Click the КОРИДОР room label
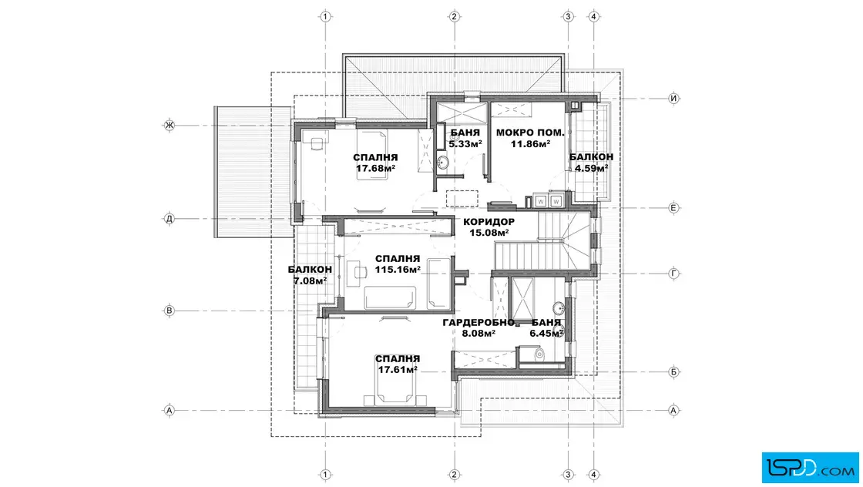pyautogui.click(x=489, y=222)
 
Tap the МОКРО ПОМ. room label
pyautogui.click(x=530, y=133)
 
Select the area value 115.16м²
pyautogui.click(x=398, y=270)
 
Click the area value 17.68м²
pyautogui.click(x=375, y=169)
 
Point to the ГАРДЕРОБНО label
pyautogui.click(x=479, y=322)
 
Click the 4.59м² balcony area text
pyautogui.click(x=591, y=168)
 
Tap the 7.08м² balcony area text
pyautogui.click(x=310, y=280)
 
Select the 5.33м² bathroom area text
pyautogui.click(x=465, y=143)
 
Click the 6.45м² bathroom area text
pyautogui.click(x=546, y=333)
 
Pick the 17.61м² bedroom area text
pyautogui.click(x=398, y=370)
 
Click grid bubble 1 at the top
pyautogui.click(x=325, y=16)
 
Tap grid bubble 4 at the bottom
pyautogui.click(x=593, y=475)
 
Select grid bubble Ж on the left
pyautogui.click(x=170, y=126)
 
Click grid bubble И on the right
pyautogui.click(x=673, y=99)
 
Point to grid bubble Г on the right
pyautogui.click(x=673, y=274)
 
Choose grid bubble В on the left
pyautogui.click(x=170, y=311)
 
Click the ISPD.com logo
pyautogui.click(x=810, y=468)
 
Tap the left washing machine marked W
pyautogui.click(x=540, y=201)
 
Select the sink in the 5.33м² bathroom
pyautogui.click(x=442, y=163)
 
